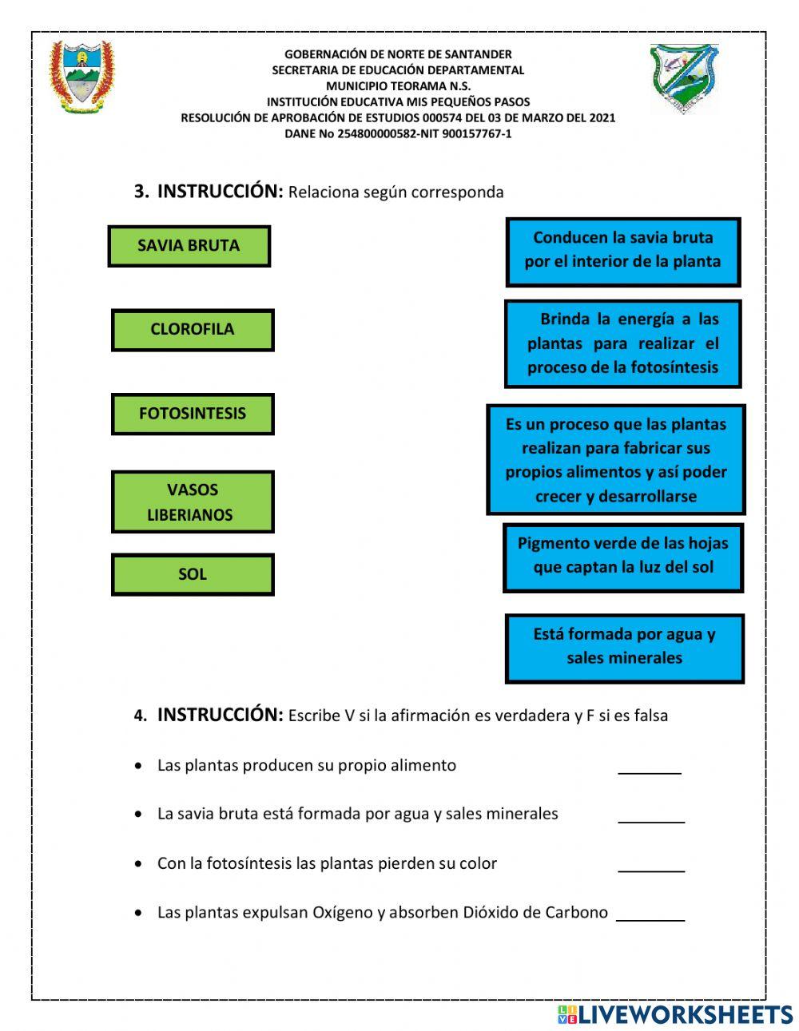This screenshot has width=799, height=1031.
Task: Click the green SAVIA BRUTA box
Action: pyautogui.click(x=189, y=246)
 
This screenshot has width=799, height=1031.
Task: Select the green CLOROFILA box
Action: pyautogui.click(x=193, y=330)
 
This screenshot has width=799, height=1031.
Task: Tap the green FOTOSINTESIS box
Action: pyautogui.click(x=193, y=414)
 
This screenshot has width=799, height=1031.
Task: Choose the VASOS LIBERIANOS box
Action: pyautogui.click(x=193, y=502)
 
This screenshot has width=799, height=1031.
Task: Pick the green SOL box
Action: pyautogui.click(x=193, y=574)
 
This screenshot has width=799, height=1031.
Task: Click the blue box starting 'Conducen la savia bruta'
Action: pyautogui.click(x=623, y=251)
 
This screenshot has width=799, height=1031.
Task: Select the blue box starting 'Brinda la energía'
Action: pyautogui.click(x=623, y=343)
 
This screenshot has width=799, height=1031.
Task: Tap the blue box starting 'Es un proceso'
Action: pyautogui.click(x=616, y=460)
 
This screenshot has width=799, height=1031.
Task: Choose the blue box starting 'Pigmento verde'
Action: pyautogui.click(x=623, y=557)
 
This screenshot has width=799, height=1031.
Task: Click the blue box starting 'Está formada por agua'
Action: pyautogui.click(x=625, y=648)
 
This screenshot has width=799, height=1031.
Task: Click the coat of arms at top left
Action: pyautogui.click(x=81, y=77)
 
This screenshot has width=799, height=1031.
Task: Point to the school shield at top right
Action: pyautogui.click(x=683, y=77)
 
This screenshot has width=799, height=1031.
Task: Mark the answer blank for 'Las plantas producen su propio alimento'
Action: pyautogui.click(x=650, y=767)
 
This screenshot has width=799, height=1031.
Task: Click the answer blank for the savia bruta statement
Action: pyautogui.click(x=651, y=816)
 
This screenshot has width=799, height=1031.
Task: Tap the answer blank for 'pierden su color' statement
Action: pyautogui.click(x=651, y=866)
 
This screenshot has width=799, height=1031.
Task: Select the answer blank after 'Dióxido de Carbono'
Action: pyautogui.click(x=651, y=914)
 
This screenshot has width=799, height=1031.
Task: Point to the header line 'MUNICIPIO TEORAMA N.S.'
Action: pyautogui.click(x=398, y=86)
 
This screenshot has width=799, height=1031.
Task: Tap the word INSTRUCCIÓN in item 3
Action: pyautogui.click(x=220, y=192)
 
